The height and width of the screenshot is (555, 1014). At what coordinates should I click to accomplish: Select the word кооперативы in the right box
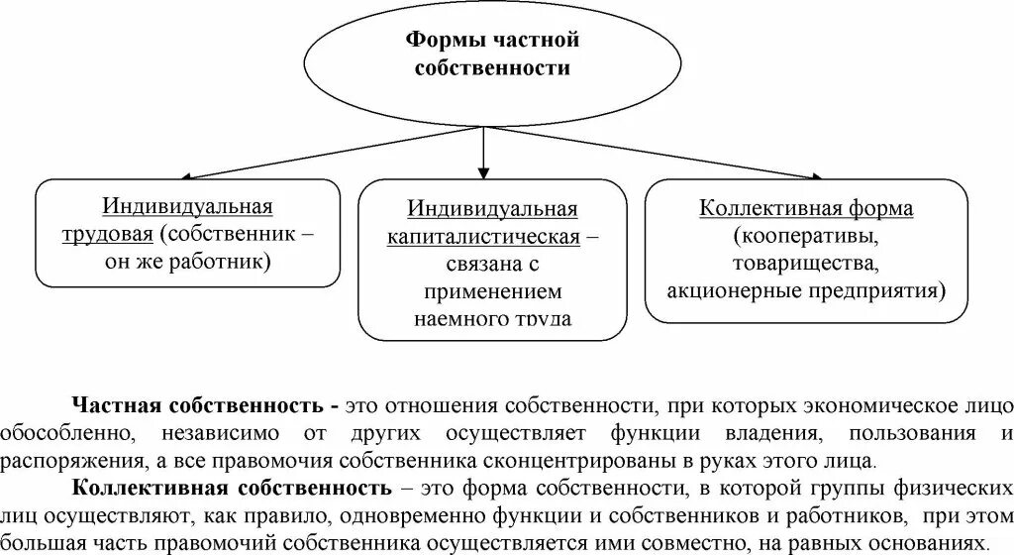(805, 238)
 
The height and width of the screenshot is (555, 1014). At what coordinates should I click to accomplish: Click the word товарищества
(805, 265)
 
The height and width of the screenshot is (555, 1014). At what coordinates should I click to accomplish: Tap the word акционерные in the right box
(720, 292)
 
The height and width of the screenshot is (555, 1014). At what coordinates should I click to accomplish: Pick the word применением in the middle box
(492, 292)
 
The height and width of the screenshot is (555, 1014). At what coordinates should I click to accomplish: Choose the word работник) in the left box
(231, 263)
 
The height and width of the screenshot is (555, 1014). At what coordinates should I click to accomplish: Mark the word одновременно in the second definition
(373, 514)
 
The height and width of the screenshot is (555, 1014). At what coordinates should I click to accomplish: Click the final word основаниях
(926, 541)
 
